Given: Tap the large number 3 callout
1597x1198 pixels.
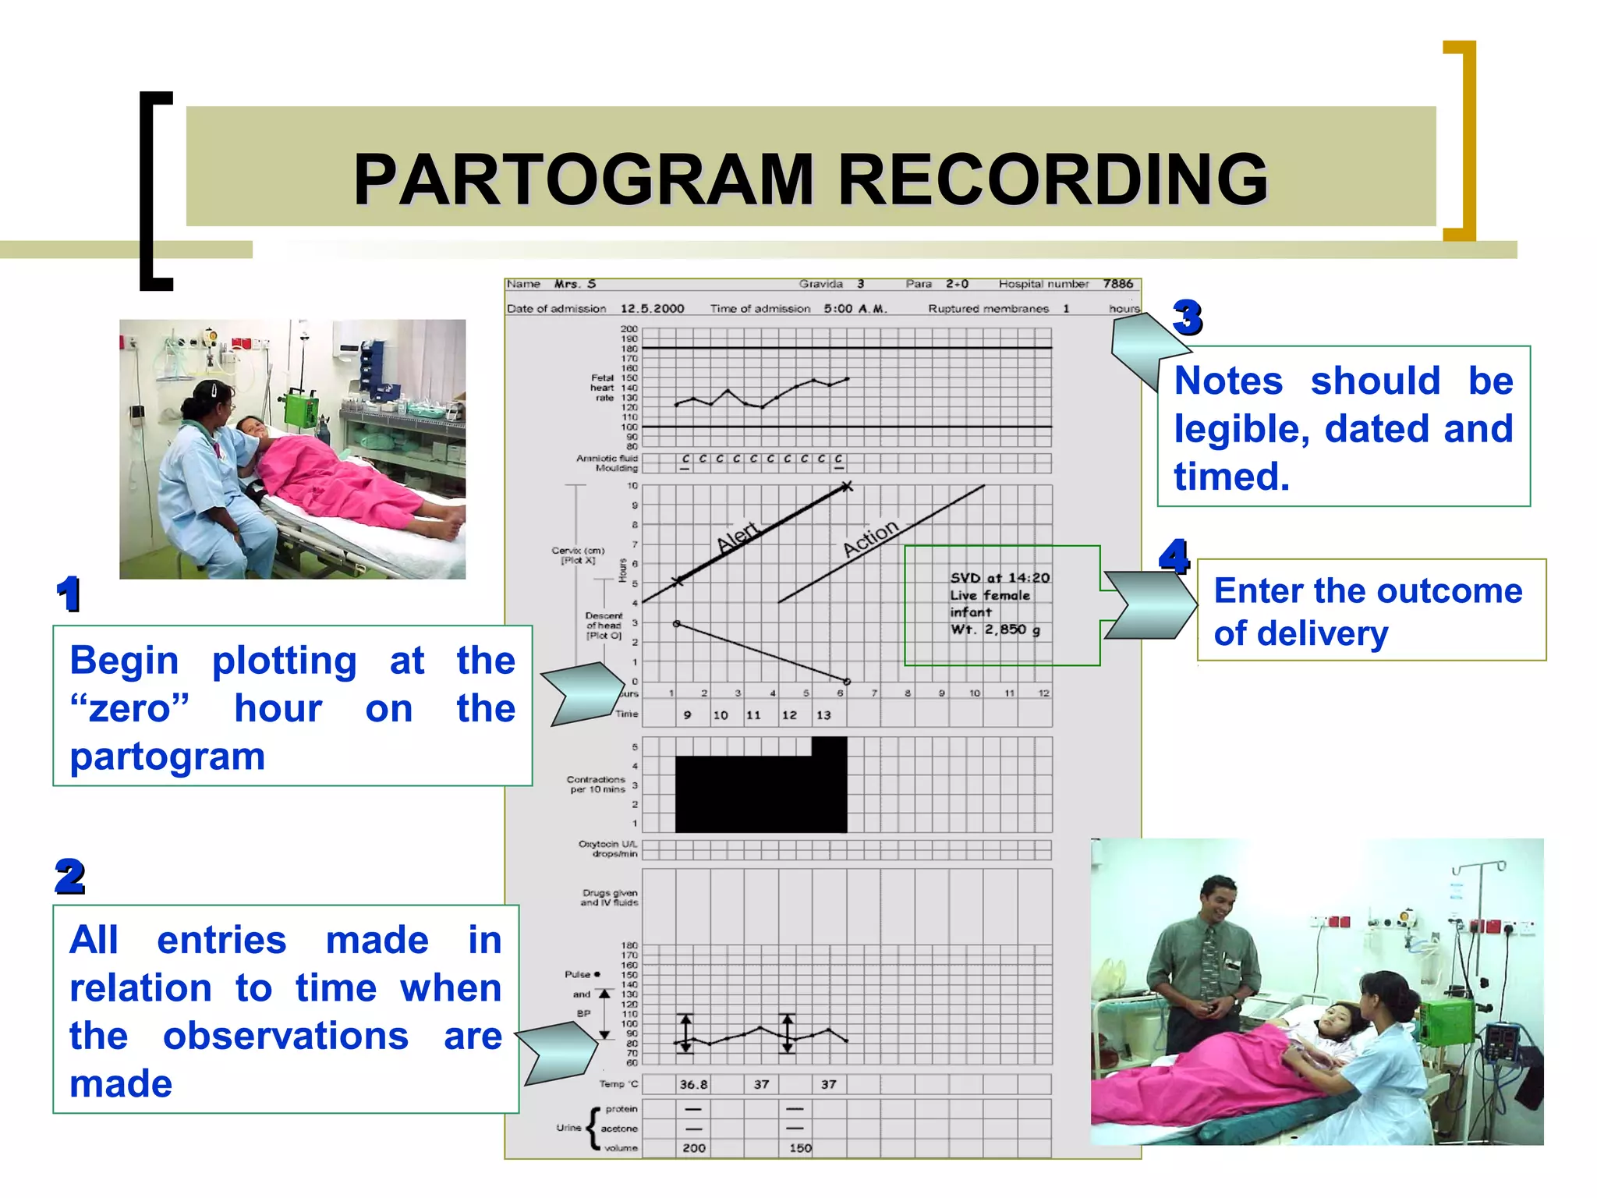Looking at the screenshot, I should click(x=1187, y=317).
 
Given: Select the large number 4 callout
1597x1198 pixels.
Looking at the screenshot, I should click(x=1174, y=557).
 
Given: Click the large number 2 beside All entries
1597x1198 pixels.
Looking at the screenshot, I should click(x=70, y=877).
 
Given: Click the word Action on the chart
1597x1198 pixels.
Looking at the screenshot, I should click(x=870, y=538).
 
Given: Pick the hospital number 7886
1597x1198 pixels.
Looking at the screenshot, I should click(x=1117, y=284).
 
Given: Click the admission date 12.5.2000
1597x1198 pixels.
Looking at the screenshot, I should click(x=652, y=308).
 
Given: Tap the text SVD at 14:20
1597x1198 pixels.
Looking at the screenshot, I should click(x=1000, y=578).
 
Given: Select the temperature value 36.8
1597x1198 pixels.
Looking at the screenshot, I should click(x=693, y=1084).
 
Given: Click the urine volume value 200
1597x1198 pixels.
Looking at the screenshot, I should click(x=693, y=1148).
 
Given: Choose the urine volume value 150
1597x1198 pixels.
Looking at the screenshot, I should click(x=800, y=1148).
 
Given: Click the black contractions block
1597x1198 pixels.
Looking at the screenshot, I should click(x=760, y=792).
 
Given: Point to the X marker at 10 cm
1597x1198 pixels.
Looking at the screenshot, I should click(x=847, y=487).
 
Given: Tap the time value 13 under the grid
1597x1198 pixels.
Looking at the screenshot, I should click(x=823, y=714).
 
